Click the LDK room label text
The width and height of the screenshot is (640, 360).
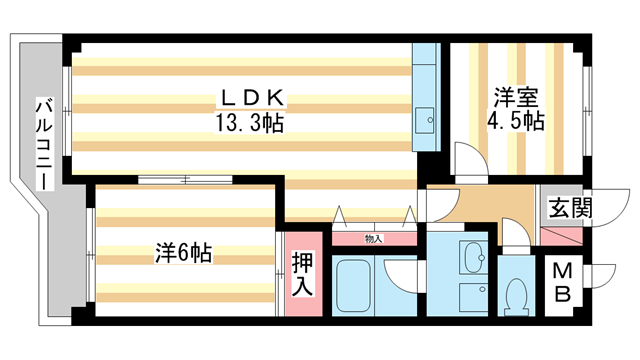tap(253, 98)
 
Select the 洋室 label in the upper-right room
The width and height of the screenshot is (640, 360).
tap(517, 98)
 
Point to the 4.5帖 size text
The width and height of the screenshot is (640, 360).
tap(517, 123)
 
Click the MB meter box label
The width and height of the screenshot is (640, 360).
tap(563, 283)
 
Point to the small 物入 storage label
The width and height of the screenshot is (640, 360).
tap(373, 238)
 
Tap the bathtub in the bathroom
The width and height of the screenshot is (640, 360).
tap(356, 286)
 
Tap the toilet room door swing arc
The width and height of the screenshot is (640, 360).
tap(516, 240)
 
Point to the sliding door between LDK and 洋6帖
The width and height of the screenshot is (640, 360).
tap(186, 180)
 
